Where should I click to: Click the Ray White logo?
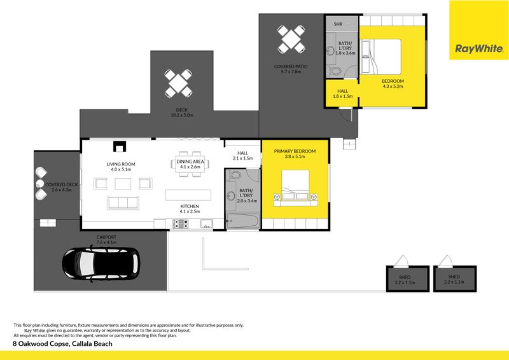pyautogui.click(x=479, y=30)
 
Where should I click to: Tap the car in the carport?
pyautogui.click(x=101, y=264)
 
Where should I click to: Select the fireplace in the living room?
pyautogui.click(x=120, y=147)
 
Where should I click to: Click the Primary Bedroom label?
pyautogui.click(x=295, y=151)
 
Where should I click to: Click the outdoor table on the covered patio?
pyautogui.click(x=291, y=39)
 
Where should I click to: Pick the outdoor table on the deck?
pyautogui.click(x=178, y=83)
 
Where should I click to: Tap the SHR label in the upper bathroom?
pyautogui.click(x=338, y=24)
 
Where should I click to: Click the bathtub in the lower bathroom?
pyautogui.click(x=243, y=221)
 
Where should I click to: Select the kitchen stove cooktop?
pyautogui.click(x=180, y=224)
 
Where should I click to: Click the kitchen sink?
pyautogui.click(x=206, y=223)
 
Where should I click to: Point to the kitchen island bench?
pyautogui.click(x=188, y=195)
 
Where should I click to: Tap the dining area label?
pyautogui.click(x=190, y=162)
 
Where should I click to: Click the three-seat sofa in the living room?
pyautogui.click(x=123, y=203)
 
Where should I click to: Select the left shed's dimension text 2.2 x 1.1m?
pyautogui.click(x=405, y=282)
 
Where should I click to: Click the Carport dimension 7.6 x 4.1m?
pyautogui.click(x=106, y=242)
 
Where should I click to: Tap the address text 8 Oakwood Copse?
pyautogui.click(x=41, y=343)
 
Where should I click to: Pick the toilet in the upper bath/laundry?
pyautogui.click(x=335, y=71)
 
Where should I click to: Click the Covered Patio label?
pyautogui.click(x=291, y=66)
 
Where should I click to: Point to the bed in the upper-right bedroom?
pyautogui.click(x=381, y=57)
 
